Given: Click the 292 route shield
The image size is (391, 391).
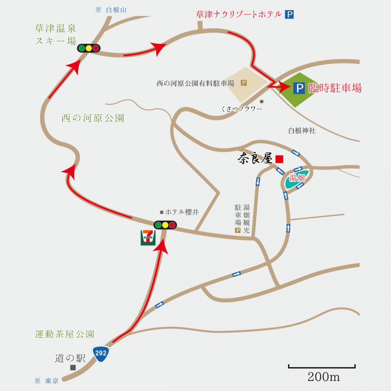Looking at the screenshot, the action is pyautogui.click(x=101, y=353).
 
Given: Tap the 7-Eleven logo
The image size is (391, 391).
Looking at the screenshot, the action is pyautogui.click(x=148, y=237).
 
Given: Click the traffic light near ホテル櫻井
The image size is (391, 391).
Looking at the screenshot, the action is pyautogui.click(x=165, y=225).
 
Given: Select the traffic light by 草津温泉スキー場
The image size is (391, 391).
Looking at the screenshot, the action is pyautogui.click(x=89, y=48).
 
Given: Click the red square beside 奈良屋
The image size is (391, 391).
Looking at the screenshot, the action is pyautogui.click(x=279, y=159).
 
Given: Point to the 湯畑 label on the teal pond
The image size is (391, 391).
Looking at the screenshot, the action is pyautogui.click(x=297, y=178).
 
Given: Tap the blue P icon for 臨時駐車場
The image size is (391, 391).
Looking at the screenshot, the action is pyautogui.click(x=299, y=88).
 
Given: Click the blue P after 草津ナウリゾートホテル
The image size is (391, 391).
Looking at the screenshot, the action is pyautogui.click(x=289, y=14).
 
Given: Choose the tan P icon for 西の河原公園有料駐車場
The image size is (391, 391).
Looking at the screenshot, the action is pyautogui.click(x=244, y=83).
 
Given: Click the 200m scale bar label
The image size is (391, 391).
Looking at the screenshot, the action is pyautogui.click(x=324, y=377).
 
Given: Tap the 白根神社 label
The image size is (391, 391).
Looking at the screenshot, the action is pyautogui.click(x=302, y=131).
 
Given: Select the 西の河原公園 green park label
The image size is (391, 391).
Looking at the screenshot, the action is pyautogui.click(x=93, y=118).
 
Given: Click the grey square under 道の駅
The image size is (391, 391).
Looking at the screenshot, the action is pyautogui.click(x=73, y=367).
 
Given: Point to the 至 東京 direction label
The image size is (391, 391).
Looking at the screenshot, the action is pyautogui.click(x=47, y=381).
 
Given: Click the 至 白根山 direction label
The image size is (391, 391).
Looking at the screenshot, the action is pyautogui.click(x=111, y=10).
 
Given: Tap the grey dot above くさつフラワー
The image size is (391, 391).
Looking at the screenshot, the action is pyautogui.click(x=262, y=102).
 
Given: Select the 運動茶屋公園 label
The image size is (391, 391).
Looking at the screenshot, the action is pyautogui.click(x=65, y=334).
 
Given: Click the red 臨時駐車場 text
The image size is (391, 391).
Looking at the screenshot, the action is pyautogui.click(x=335, y=88).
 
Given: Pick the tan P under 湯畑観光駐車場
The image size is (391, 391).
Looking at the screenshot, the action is pyautogui.click(x=238, y=230).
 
